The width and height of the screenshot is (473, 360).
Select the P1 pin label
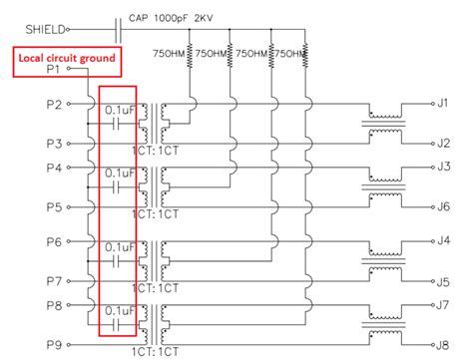[x=54, y=71]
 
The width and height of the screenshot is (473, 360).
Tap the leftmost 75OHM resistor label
[x=171, y=53]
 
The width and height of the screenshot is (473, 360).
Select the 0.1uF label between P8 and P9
[x=120, y=314]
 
